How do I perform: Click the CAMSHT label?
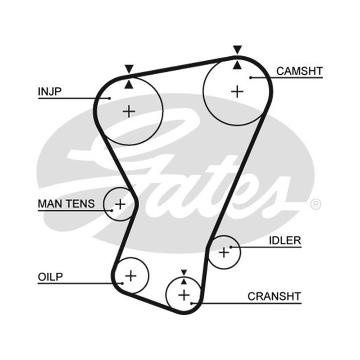coord(300,71)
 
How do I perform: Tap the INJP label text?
coord(49,91)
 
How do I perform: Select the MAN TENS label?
coord(66,204)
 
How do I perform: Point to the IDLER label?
coord(285,240)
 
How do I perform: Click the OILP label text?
coord(50,277)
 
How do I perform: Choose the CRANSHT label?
coord(274,296)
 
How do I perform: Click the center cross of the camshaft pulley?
coord(237,92)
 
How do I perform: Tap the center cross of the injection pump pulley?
coord(129,112)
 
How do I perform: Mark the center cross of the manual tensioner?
coord(120,204)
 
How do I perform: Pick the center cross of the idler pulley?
coord(224,252)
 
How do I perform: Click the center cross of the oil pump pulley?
coord(130,275)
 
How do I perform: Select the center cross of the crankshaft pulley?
coord(184,295)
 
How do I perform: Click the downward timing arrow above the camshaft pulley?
coord(238,49)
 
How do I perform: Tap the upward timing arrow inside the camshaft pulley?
coord(238,65)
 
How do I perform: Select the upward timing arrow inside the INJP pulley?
coord(129,84)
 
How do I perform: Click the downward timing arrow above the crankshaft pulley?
coord(184,273)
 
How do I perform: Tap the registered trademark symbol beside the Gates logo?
coord(316,204)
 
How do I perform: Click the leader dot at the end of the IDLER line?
coord(231,247)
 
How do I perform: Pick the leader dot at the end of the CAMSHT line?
coord(251,77)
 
